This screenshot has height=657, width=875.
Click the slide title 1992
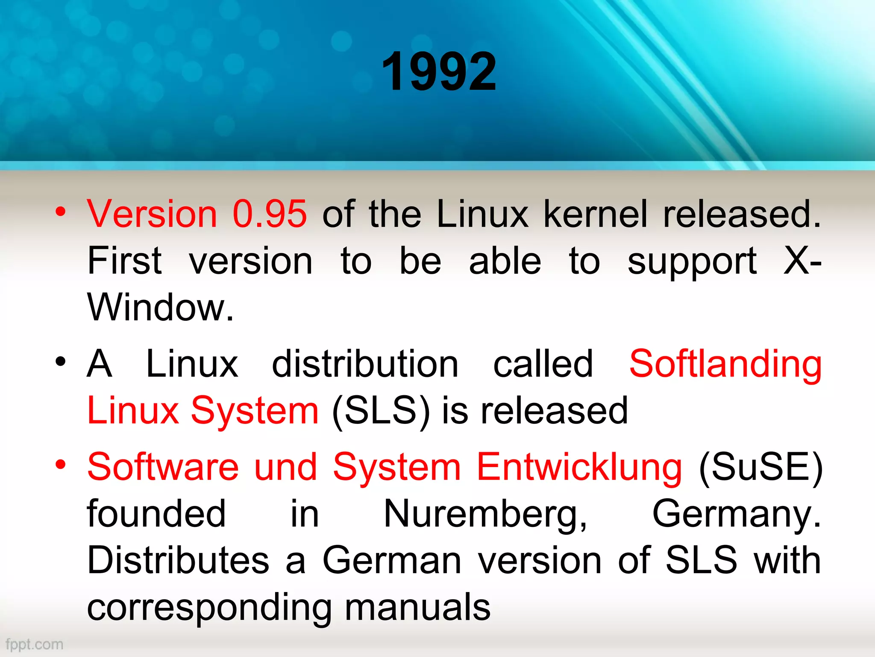(439, 72)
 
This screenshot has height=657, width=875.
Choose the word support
(692, 262)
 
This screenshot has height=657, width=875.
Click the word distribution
(365, 364)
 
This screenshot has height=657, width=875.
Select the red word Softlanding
(725, 364)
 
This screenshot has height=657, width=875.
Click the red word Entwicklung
(579, 467)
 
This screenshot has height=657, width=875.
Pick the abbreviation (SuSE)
(760, 467)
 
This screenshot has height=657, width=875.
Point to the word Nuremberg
(485, 514)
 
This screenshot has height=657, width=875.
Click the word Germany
(736, 514)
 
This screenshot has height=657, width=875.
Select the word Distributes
(178, 560)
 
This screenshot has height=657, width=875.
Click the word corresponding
(209, 608)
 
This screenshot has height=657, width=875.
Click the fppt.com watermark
(34, 644)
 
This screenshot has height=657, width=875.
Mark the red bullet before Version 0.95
(61, 211)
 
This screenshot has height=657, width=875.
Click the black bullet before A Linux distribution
(61, 362)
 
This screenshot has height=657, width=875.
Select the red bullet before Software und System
(61, 465)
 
